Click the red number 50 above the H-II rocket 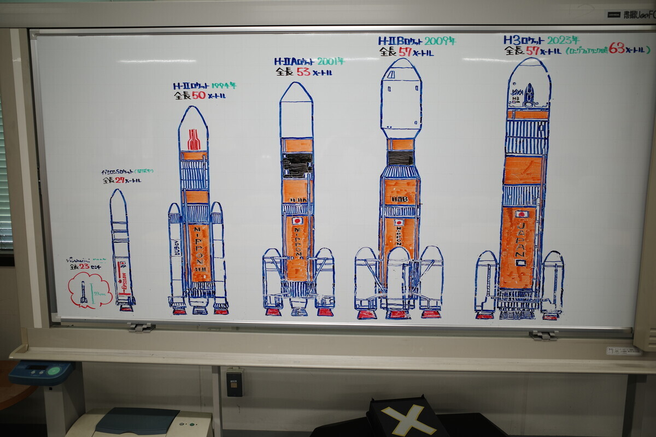click(198, 95)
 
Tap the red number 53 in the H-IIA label click(303, 72)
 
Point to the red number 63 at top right click(616, 49)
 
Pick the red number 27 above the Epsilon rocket click(119, 180)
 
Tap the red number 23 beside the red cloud click(84, 267)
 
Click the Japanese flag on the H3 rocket click(522, 214)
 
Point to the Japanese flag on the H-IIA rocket click(297, 221)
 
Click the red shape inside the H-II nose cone click(194, 140)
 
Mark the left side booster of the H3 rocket click(485, 284)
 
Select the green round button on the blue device click(53, 370)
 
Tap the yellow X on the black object click(408, 420)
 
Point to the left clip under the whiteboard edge click(140, 327)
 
